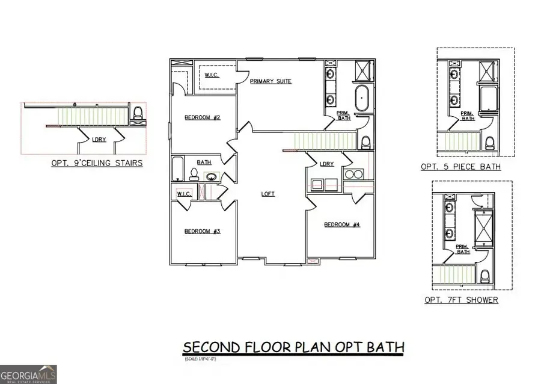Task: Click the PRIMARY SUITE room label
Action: point(271,81)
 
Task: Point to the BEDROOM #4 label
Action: point(341,225)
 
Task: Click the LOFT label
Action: point(268,194)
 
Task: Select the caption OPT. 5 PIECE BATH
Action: point(460,167)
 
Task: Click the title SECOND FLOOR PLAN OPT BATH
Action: point(293,347)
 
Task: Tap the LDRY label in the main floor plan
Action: point(326,164)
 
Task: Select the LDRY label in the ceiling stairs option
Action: point(99,139)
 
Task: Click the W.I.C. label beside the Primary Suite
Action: point(211,75)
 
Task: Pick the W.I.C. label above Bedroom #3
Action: point(184,194)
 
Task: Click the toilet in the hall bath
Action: point(194,174)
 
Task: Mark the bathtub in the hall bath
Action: point(177,169)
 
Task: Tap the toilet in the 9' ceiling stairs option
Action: point(138,113)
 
